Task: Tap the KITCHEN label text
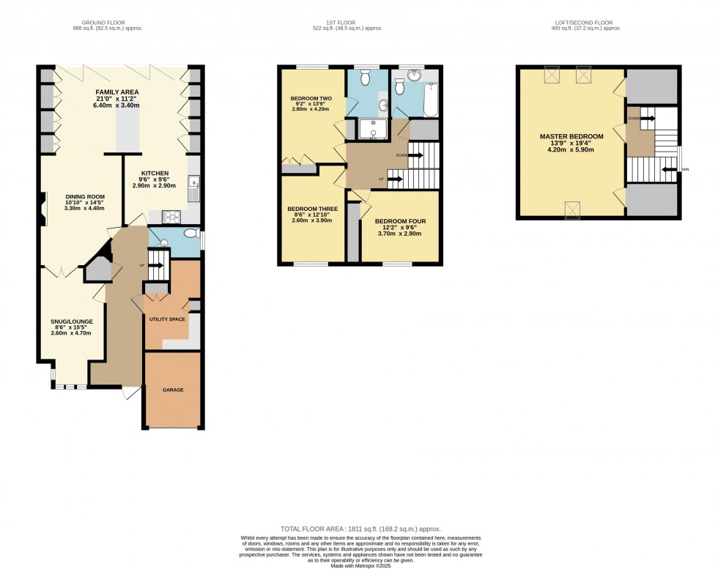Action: pyautogui.click(x=155, y=174)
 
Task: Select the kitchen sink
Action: pyautogui.click(x=193, y=188)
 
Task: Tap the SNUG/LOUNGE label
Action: pyautogui.click(x=71, y=321)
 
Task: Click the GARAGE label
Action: pyautogui.click(x=173, y=390)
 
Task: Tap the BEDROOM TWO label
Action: pyautogui.click(x=311, y=98)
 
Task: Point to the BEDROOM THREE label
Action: pyautogui.click(x=311, y=209)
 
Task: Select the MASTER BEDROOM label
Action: pyautogui.click(x=571, y=136)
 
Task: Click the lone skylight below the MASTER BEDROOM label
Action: pyautogui.click(x=572, y=209)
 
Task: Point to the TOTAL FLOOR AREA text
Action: pyautogui.click(x=358, y=528)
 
